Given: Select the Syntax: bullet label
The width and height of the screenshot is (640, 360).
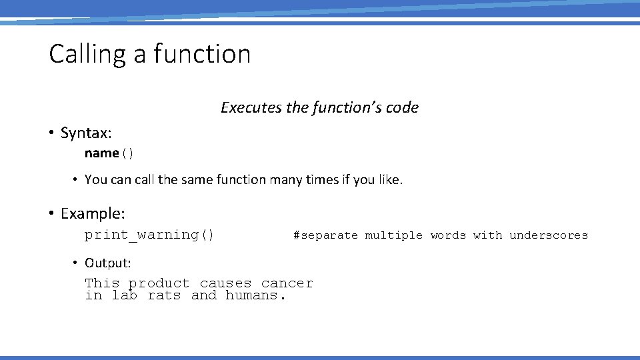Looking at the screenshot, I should (x=86, y=133).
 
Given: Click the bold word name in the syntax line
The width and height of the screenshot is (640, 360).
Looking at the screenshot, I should (x=101, y=153).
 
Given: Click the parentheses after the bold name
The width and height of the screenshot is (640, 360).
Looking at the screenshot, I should (x=127, y=153).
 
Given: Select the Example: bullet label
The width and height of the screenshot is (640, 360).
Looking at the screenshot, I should (x=93, y=213).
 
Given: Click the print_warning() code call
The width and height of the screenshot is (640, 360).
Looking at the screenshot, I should (x=149, y=235).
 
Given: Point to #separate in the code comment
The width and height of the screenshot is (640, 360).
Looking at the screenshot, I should (x=325, y=235).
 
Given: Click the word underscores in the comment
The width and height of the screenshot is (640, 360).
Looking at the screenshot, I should (x=549, y=235).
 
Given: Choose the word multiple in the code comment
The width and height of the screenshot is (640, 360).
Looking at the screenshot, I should (x=393, y=235).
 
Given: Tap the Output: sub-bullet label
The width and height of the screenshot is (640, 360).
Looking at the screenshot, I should (x=108, y=263).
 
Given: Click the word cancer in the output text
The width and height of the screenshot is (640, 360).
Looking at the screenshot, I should (x=287, y=283).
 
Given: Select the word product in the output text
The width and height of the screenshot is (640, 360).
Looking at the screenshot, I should (x=159, y=283).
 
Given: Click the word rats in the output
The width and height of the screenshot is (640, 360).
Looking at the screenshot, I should (x=164, y=295).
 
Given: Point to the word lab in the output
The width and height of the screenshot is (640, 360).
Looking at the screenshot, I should (x=124, y=295).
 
